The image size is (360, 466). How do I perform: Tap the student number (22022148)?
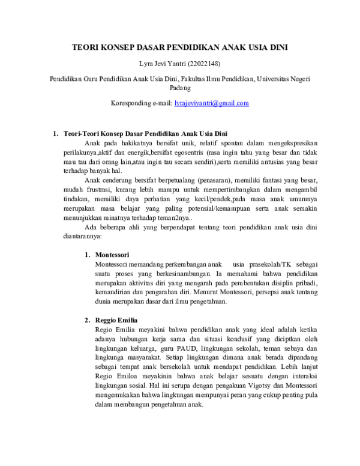tap(206, 64)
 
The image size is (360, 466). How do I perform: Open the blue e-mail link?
tap(212, 103)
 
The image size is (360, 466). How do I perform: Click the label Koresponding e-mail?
tap(142, 103)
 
